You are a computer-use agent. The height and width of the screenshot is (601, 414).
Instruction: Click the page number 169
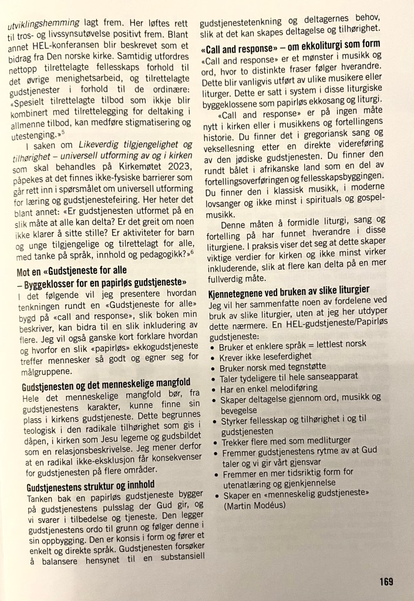point(386,581)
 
